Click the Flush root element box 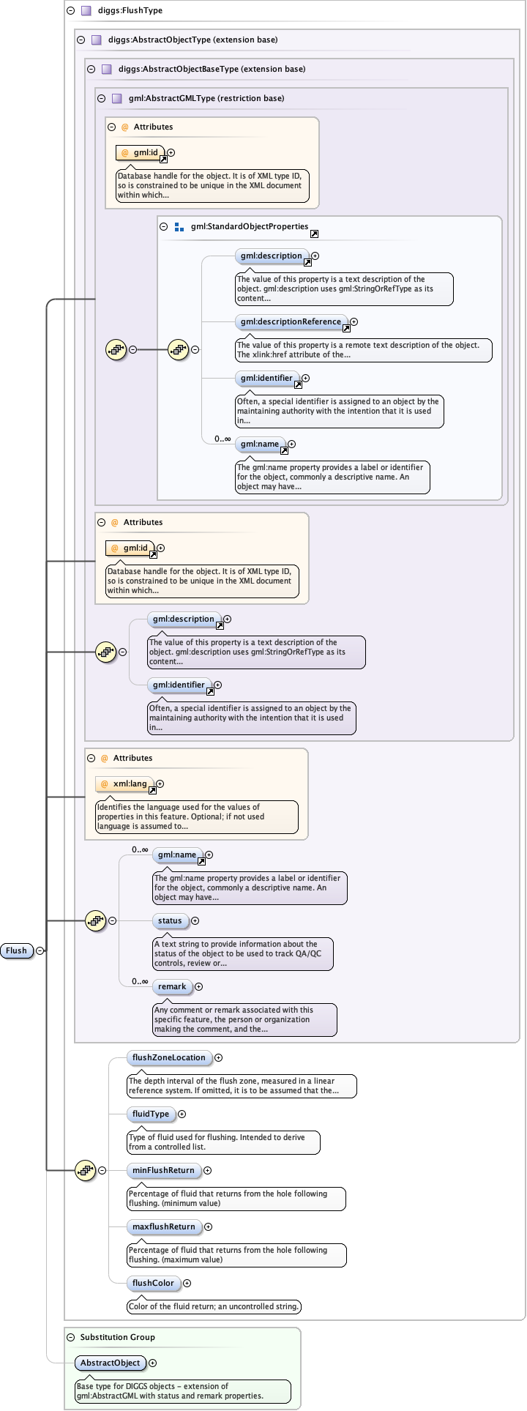coord(17,950)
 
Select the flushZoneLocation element coord(169,1057)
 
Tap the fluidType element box coord(151,1114)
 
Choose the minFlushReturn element coord(163,1170)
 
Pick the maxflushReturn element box coord(164,1226)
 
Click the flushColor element coord(153,1283)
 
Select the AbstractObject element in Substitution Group coord(110,1363)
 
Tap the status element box coord(170,920)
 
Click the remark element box coord(172,986)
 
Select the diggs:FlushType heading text coord(130,10)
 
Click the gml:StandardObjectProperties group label coord(250,226)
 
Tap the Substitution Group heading coord(117,1337)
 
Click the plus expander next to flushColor coord(187,1283)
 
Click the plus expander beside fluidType coord(182,1114)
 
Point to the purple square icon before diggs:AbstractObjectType coord(97,40)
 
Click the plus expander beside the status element coord(195,920)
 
